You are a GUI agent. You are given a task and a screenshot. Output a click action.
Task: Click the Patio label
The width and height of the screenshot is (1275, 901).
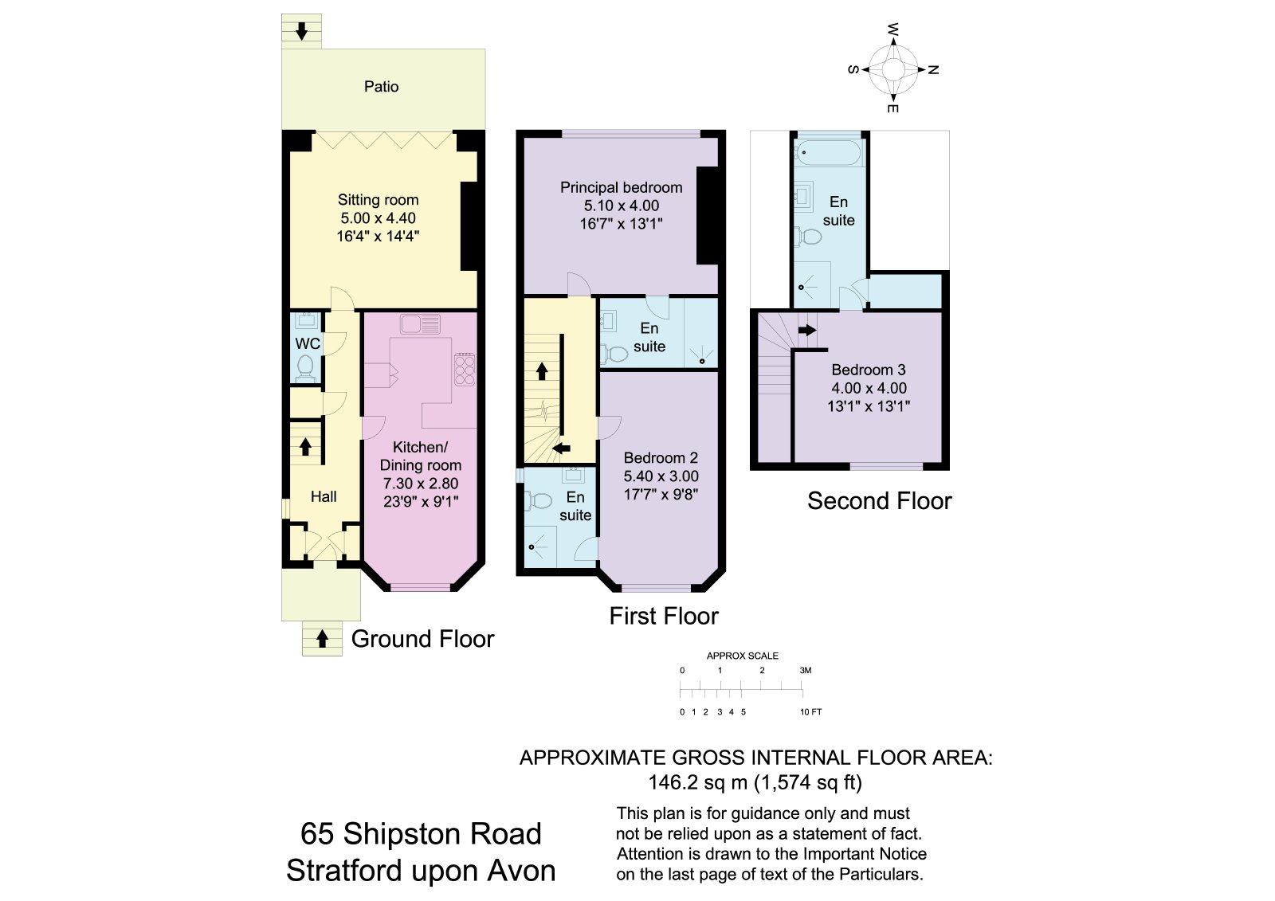[x=381, y=87]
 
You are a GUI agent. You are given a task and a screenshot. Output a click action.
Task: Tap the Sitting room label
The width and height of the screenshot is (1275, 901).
[x=378, y=200]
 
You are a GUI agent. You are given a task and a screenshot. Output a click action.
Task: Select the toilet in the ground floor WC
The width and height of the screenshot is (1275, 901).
[x=305, y=368]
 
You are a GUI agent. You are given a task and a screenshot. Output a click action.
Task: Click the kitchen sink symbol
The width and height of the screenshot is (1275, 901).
[x=420, y=324]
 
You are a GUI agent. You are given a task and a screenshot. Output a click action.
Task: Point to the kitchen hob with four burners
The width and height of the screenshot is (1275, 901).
[x=465, y=370]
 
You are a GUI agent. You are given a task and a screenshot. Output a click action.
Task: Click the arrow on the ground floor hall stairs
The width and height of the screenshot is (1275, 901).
[x=306, y=446]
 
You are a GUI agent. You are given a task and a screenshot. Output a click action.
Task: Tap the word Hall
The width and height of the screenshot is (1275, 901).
[x=324, y=496]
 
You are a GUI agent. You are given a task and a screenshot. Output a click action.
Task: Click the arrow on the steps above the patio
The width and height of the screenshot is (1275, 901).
[x=302, y=31]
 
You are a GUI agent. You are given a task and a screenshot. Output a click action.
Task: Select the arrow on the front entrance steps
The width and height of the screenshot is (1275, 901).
[x=322, y=639]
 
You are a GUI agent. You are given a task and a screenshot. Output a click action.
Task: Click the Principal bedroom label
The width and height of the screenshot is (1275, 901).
[x=621, y=187]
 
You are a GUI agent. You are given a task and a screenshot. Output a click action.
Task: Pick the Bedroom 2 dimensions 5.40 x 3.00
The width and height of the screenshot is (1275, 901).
[x=661, y=476]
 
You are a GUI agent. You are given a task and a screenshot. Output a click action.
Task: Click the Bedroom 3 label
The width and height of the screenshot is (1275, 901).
[x=868, y=370]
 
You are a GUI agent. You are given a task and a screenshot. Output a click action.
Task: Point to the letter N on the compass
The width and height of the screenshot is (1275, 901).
[x=933, y=70]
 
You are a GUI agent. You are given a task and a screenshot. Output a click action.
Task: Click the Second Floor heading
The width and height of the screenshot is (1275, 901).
[x=880, y=501]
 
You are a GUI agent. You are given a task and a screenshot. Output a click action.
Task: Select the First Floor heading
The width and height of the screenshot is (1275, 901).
[x=664, y=616]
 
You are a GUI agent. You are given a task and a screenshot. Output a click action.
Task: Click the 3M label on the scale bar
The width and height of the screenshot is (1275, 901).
[x=805, y=671]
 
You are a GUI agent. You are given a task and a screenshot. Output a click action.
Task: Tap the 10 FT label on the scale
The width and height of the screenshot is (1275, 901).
[x=811, y=712]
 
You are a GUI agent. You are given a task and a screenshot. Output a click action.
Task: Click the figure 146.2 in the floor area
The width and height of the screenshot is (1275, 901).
[x=673, y=782]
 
